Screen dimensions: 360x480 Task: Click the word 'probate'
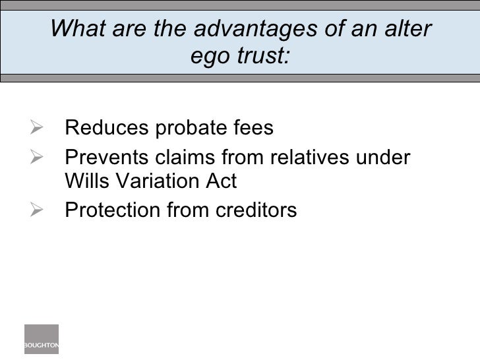191,128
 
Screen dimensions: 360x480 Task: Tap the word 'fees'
253,127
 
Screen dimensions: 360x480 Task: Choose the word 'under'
388,160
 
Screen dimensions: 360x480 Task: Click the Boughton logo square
42,340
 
